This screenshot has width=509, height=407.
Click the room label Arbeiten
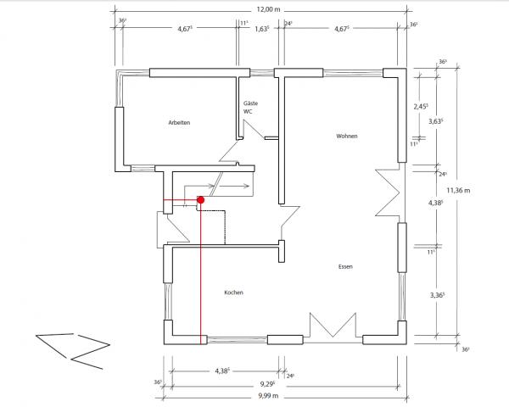[179, 123]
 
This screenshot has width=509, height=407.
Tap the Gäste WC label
[250, 108]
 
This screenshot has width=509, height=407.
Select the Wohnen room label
[347, 136]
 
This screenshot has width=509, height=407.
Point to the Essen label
[345, 267]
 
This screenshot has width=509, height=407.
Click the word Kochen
[234, 293]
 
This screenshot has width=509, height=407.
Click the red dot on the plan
[201, 200]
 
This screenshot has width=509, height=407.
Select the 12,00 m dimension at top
[268, 9]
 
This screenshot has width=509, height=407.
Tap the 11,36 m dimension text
[458, 190]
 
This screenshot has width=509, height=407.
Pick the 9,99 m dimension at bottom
[268, 396]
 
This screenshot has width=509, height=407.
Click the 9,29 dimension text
[267, 385]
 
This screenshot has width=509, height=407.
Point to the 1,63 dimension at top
[262, 29]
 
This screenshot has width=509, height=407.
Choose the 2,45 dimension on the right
[421, 107]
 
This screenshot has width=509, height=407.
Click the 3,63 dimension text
[436, 121]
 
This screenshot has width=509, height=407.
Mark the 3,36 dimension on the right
[437, 295]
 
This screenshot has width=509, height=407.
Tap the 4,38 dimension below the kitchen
[222, 371]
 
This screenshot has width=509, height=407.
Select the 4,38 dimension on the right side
[436, 203]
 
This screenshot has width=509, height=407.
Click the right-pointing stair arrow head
[248, 186]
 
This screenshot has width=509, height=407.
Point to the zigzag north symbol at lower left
[73, 351]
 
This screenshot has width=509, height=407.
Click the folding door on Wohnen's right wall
[388, 192]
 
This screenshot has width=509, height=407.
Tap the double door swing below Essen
[333, 326]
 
